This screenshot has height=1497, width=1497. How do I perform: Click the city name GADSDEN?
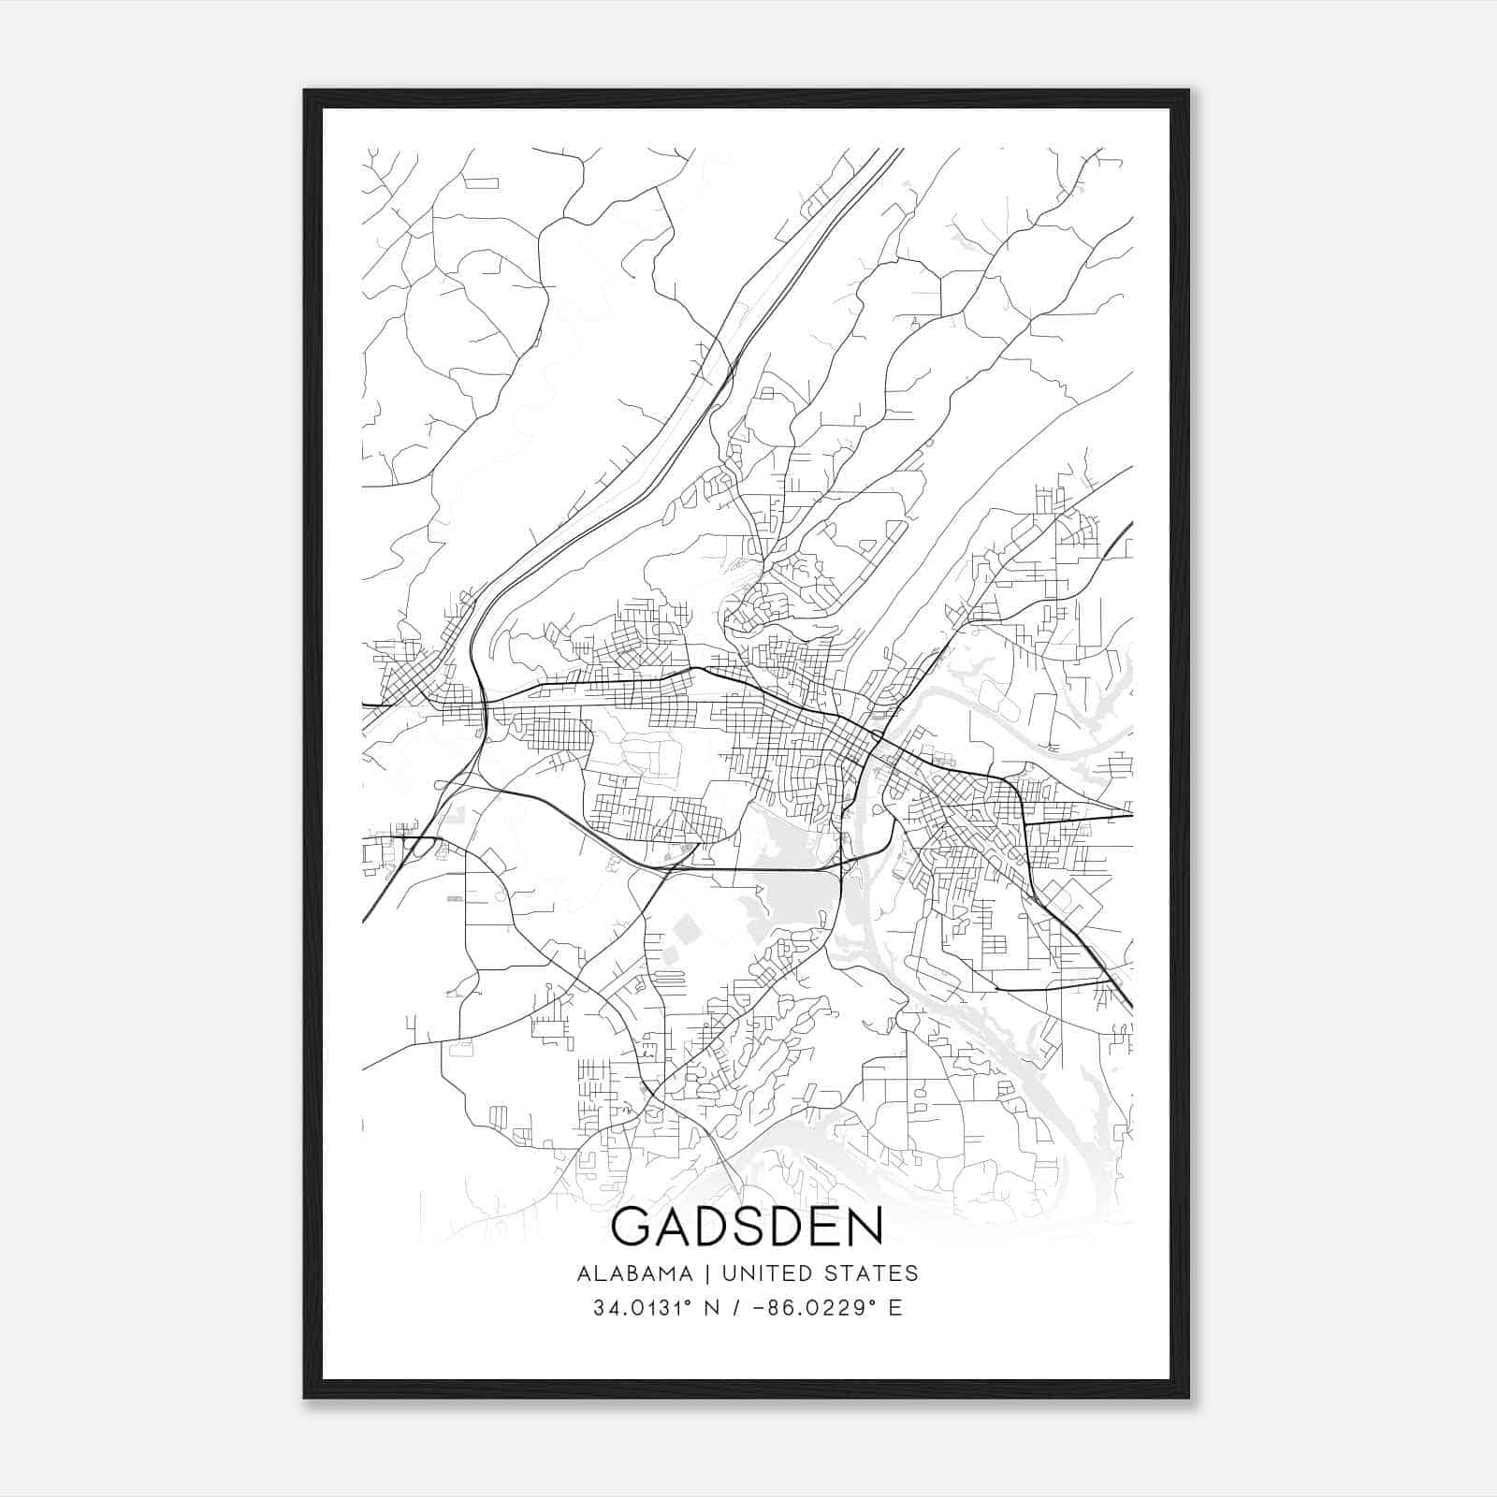(x=747, y=1227)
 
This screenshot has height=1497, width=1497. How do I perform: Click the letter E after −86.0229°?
(x=895, y=1308)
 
